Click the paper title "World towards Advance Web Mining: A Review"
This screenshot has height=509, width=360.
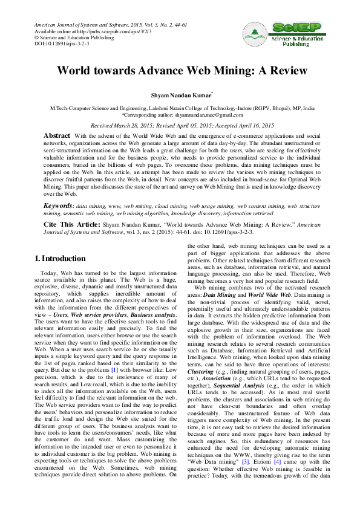(179, 70)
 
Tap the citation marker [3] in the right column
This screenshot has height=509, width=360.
(246, 461)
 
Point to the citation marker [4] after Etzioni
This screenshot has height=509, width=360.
(278, 461)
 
